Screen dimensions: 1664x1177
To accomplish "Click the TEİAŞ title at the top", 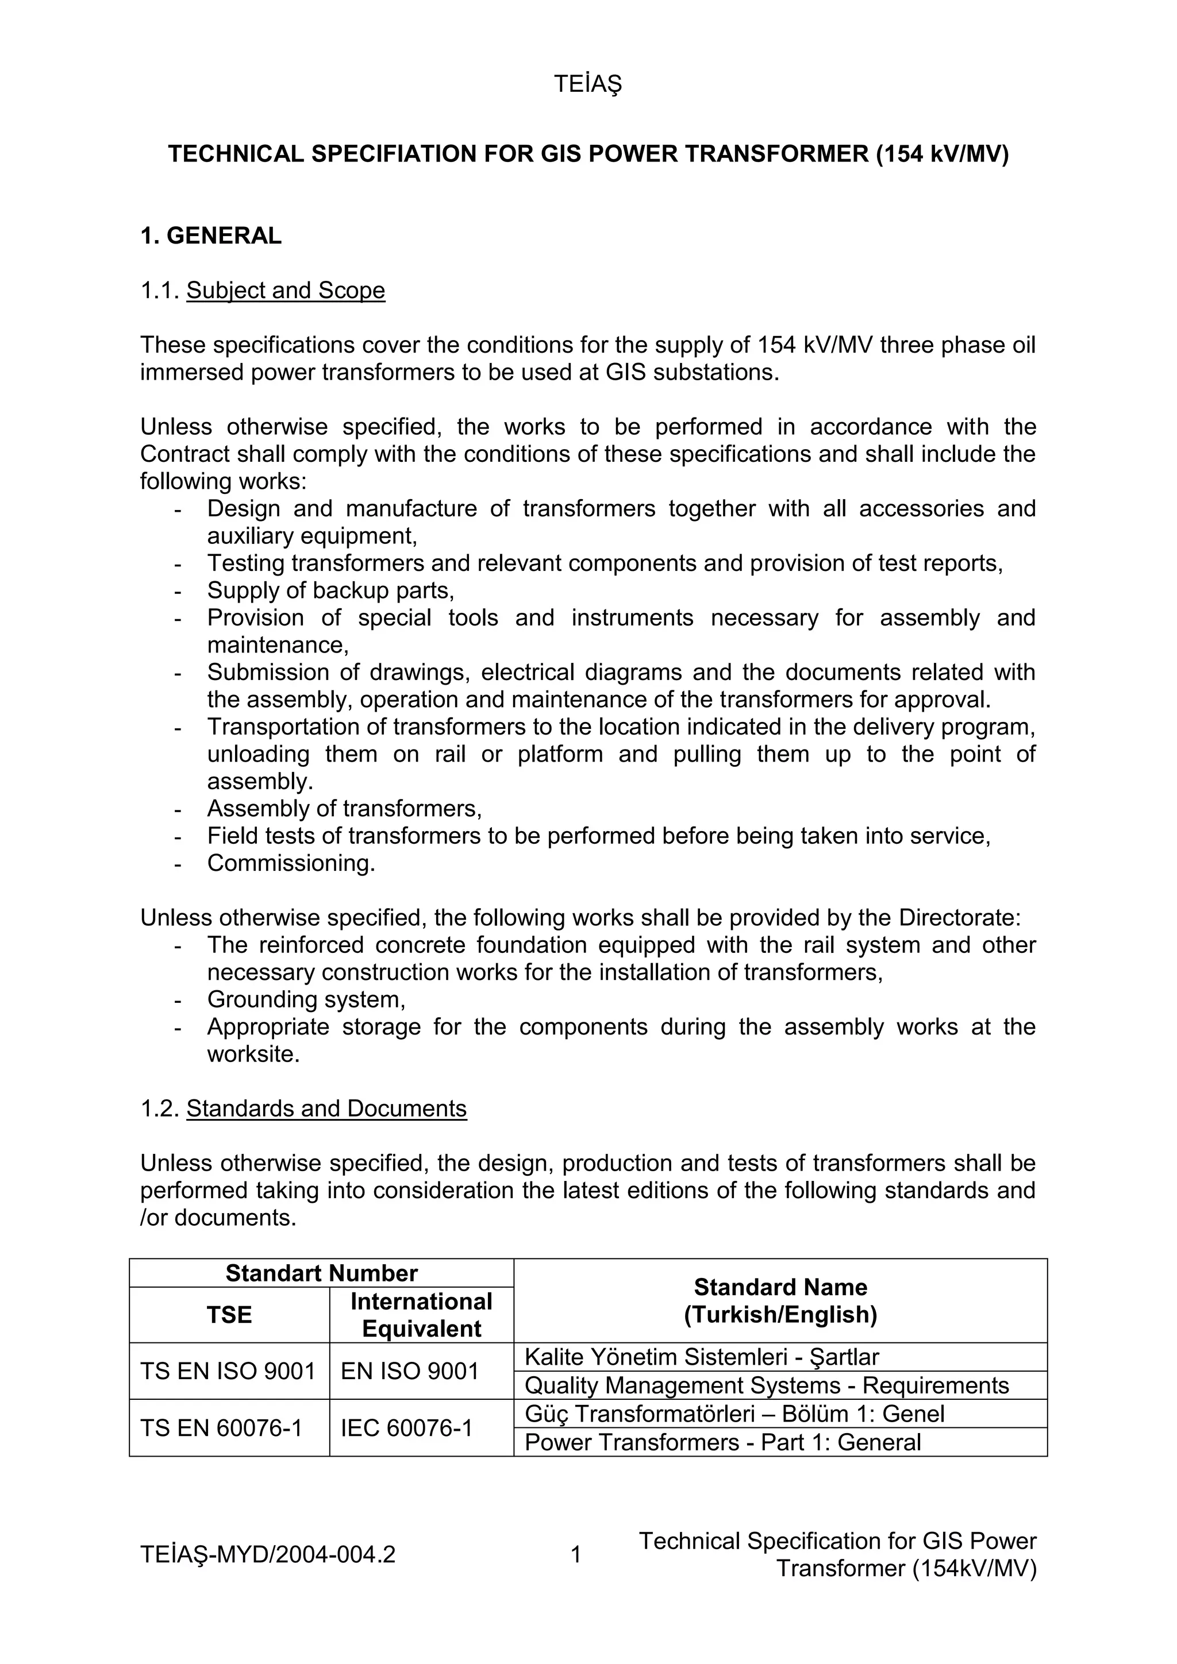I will pyautogui.click(x=587, y=85).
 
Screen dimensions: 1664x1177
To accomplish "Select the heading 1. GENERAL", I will pyautogui.click(x=210, y=236).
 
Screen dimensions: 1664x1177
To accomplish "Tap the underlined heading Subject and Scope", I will pyautogui.click(x=285, y=291).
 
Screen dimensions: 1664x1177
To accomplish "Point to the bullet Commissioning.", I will pyautogui.click(x=291, y=863).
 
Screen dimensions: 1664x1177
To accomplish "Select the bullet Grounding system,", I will pyautogui.click(x=306, y=999).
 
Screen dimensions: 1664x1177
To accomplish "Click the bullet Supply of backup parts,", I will pyautogui.click(x=330, y=590).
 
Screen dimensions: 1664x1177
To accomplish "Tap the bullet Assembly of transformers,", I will pyautogui.click(x=344, y=808).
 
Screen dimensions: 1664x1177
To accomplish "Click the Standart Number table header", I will pyautogui.click(x=321, y=1273).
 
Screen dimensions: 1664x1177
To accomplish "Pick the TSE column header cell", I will pyautogui.click(x=229, y=1315).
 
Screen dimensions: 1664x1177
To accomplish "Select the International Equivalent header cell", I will pyautogui.click(x=421, y=1315).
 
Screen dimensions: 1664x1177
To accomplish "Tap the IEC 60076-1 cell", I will pyautogui.click(x=406, y=1428).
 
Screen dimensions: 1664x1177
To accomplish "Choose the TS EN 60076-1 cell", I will pyautogui.click(x=221, y=1428).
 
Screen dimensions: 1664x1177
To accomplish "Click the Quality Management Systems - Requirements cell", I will pyautogui.click(x=766, y=1385).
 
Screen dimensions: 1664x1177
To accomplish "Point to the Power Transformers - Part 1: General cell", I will pyautogui.click(x=722, y=1442).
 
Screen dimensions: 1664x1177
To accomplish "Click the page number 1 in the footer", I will pyautogui.click(x=576, y=1554).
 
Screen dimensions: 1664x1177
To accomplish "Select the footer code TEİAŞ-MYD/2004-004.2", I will pyautogui.click(x=268, y=1554).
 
